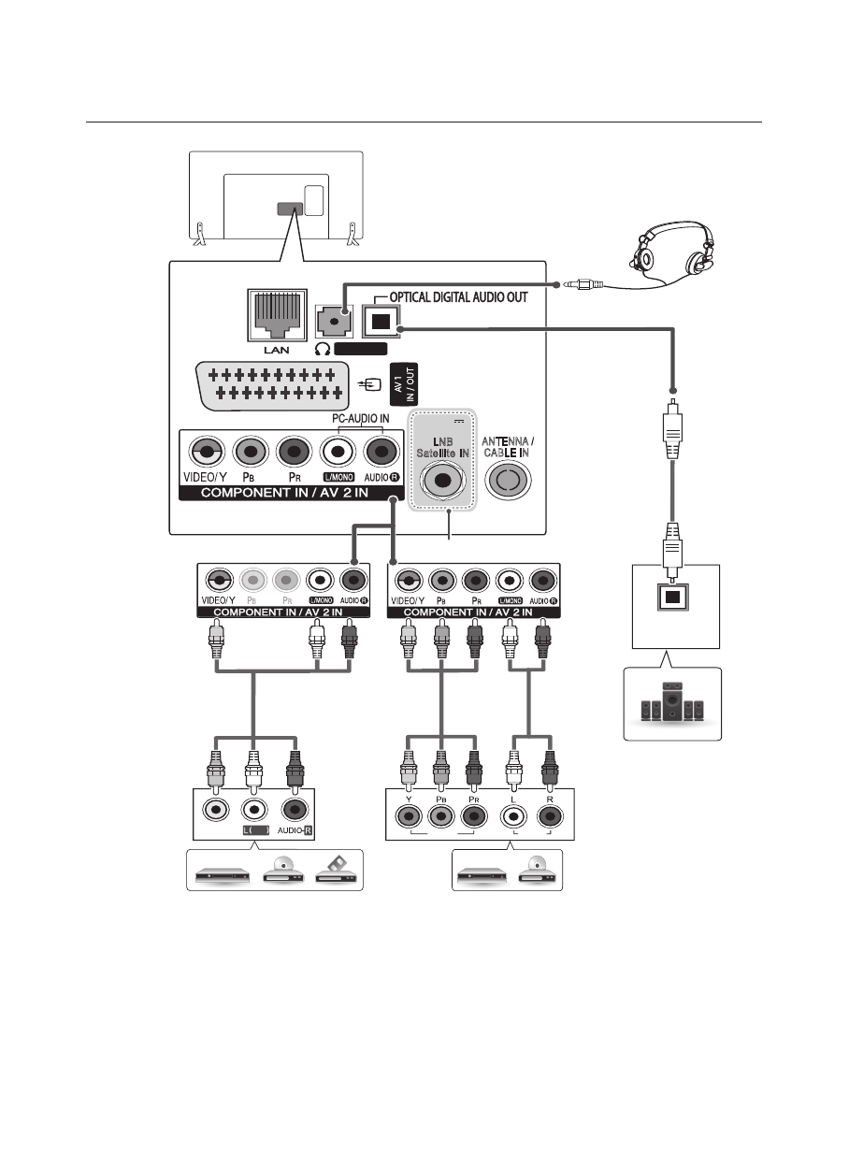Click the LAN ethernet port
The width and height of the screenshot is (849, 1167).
coord(276,315)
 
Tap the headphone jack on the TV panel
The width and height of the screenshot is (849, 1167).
coord(334,319)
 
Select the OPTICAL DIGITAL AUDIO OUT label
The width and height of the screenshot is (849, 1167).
coord(459,297)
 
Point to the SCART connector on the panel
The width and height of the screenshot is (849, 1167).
coord(271,382)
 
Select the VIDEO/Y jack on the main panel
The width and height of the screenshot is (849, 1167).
coord(203,453)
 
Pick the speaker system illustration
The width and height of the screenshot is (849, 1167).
coord(672,704)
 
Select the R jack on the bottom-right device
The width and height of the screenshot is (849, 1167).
coord(550,814)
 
